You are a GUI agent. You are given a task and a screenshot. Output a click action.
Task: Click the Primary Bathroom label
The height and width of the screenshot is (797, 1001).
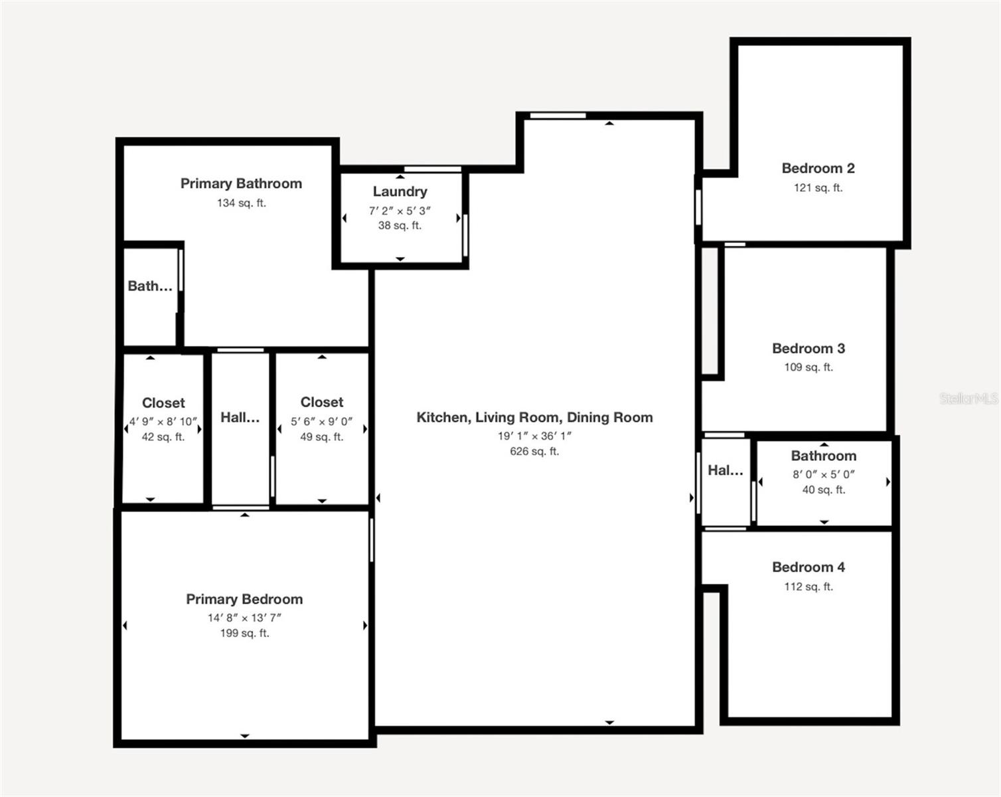coord(241,184)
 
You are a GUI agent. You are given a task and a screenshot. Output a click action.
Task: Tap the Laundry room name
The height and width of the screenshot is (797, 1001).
coord(400,191)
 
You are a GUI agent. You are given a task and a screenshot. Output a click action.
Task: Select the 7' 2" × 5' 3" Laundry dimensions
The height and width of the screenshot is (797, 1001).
coord(400,211)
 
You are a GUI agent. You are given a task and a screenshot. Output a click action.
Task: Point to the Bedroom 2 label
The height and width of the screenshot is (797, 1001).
coord(818,168)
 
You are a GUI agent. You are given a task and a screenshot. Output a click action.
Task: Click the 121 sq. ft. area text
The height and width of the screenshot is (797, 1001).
coord(818,187)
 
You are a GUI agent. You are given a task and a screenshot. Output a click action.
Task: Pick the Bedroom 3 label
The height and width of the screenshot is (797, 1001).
coord(809,348)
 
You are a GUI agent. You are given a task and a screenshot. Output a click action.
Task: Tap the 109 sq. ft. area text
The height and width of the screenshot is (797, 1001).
coord(809,367)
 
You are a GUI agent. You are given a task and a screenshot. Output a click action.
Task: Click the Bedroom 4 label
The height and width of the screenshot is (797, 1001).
coord(809,567)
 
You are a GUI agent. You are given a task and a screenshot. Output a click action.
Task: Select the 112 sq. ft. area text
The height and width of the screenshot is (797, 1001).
coord(809,586)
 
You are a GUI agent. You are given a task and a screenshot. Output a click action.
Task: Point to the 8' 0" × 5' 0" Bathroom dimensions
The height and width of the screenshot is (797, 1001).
coord(824,474)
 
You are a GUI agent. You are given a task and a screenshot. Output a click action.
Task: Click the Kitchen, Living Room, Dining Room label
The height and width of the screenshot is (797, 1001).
coord(534,417)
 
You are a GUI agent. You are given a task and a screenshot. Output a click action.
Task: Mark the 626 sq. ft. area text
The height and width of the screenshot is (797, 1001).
coord(534,451)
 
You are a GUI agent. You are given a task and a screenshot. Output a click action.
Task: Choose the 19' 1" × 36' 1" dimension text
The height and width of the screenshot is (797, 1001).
coord(534,436)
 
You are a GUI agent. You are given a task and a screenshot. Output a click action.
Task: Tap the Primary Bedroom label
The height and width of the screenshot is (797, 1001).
coord(244,599)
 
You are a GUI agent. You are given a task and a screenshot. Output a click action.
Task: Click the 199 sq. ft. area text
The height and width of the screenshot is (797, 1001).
coord(245,633)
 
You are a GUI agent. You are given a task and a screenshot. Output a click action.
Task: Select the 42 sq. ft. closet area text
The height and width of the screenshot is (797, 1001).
coord(163,437)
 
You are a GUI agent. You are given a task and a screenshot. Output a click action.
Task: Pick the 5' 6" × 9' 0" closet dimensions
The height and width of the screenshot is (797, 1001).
coord(321,422)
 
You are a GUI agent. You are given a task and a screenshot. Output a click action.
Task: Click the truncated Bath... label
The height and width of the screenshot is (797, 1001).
coord(150,286)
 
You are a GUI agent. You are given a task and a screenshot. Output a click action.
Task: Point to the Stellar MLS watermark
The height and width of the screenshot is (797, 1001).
coord(969,398)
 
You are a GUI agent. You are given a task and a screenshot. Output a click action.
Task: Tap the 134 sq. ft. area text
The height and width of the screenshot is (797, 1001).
coord(242,203)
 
